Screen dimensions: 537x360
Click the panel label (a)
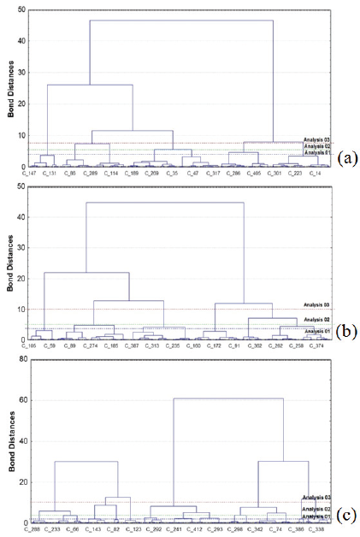click(347, 158)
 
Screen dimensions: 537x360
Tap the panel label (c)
click(347, 515)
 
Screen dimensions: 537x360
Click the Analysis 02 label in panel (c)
click(314, 509)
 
